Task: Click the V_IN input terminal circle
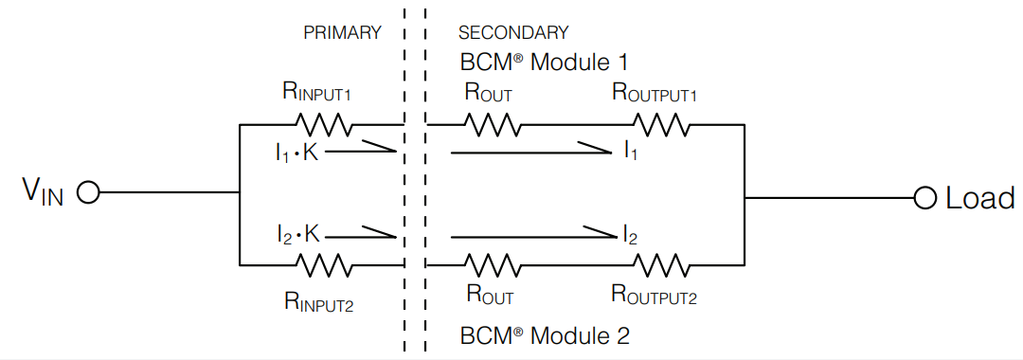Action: pos(87,193)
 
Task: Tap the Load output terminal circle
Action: pos(924,198)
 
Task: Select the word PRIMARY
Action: pos(342,32)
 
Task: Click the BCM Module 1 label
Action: pos(544,63)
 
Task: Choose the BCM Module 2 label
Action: pos(544,335)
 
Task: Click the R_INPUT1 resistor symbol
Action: pos(324,124)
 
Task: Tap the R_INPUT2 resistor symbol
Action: pos(324,264)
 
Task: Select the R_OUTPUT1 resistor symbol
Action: pos(661,124)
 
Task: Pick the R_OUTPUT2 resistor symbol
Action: pos(661,264)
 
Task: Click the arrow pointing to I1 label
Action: pos(530,149)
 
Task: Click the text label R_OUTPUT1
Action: pos(655,93)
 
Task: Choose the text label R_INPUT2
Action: pos(318,300)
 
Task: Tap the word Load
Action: pos(979,198)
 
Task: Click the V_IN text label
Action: pos(42,193)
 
